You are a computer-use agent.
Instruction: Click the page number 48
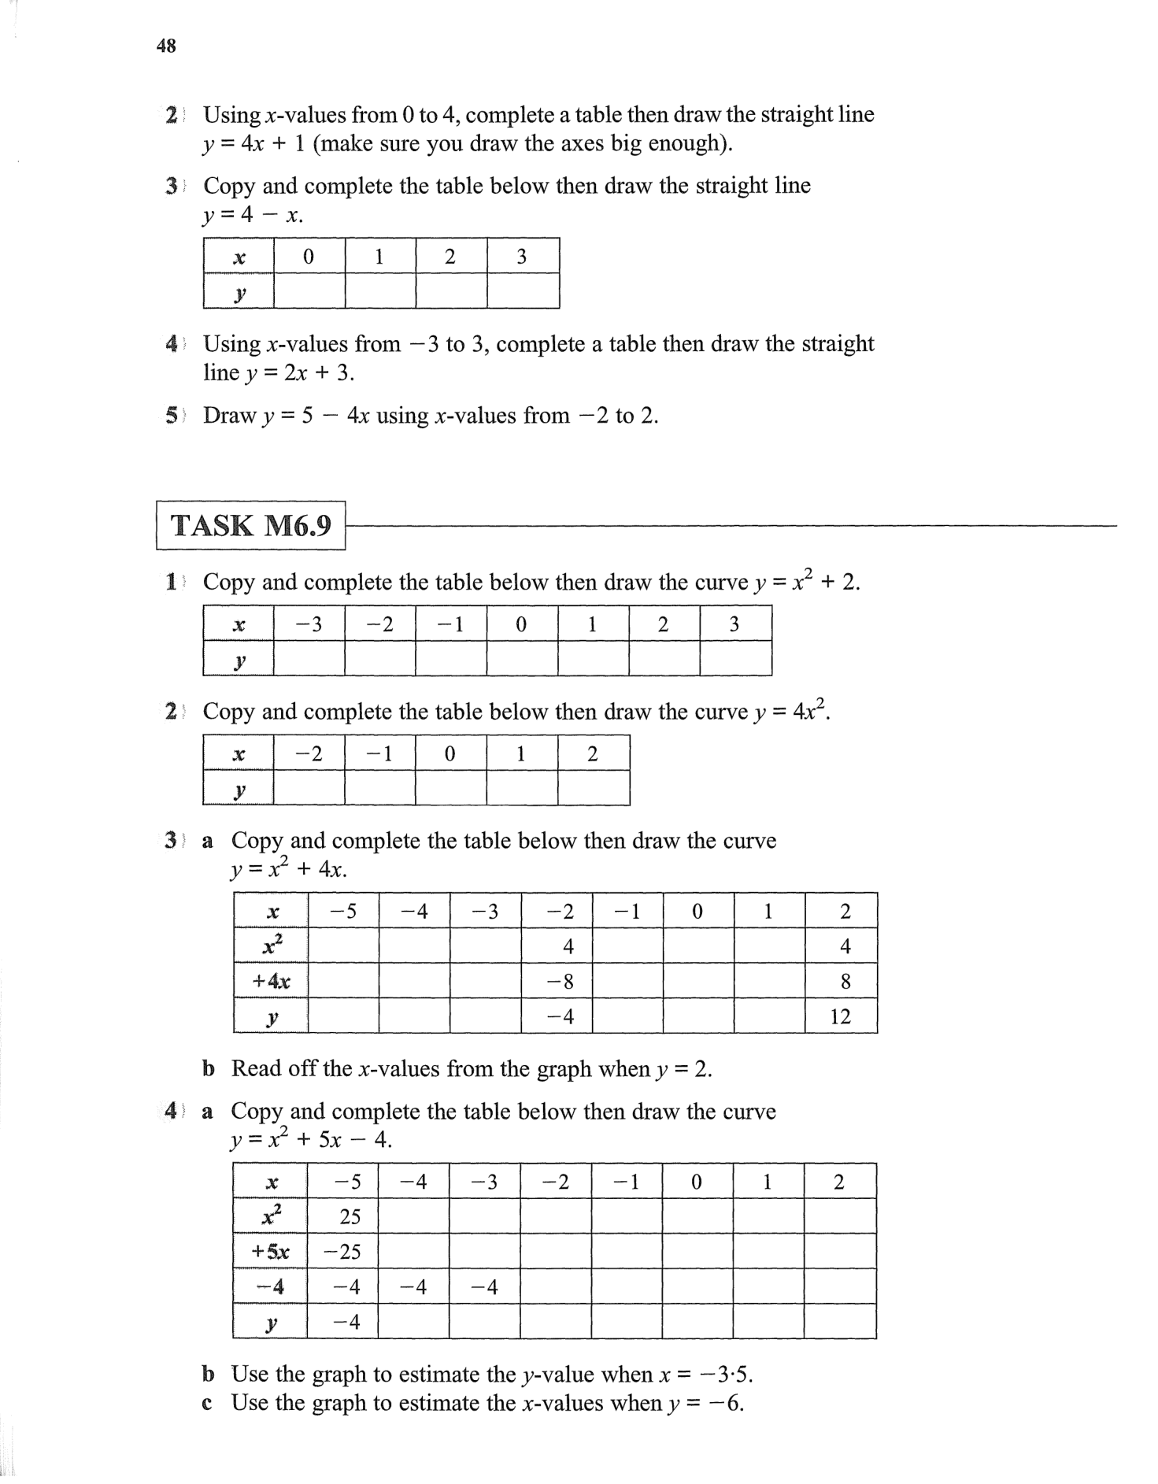(166, 46)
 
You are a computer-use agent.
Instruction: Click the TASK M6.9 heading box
(251, 525)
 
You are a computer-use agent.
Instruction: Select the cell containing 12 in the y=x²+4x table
(841, 1016)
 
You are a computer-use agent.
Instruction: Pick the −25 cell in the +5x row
(343, 1251)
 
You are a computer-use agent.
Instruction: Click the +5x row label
(270, 1251)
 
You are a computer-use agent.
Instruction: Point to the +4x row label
(270, 982)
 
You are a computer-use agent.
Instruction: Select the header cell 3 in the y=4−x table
(521, 257)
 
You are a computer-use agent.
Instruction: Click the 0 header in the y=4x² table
(450, 754)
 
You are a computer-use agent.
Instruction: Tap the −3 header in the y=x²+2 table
(309, 624)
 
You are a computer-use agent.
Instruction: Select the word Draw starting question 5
(229, 416)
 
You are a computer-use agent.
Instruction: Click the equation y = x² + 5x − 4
(310, 1140)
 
